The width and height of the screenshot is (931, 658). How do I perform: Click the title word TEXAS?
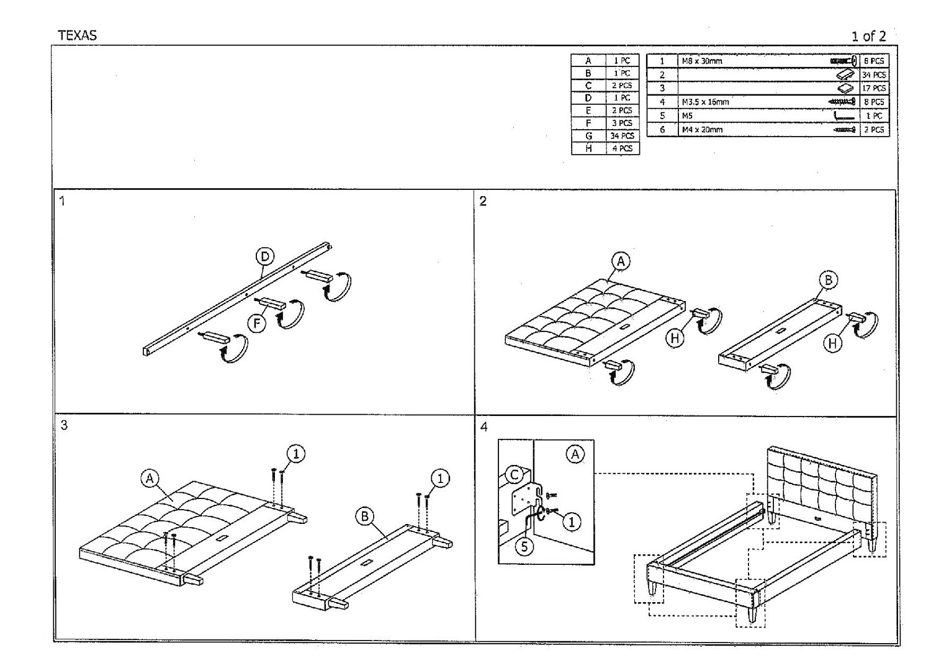[78, 35]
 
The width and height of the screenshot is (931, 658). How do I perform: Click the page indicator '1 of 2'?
[868, 36]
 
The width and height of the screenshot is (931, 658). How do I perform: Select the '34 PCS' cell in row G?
[622, 136]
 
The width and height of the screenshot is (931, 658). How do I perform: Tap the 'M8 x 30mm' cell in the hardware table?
[702, 61]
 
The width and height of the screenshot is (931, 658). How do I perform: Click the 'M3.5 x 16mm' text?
[705, 102]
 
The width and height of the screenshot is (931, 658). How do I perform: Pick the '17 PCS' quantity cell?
[874, 88]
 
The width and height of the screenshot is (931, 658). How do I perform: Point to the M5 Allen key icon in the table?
[843, 116]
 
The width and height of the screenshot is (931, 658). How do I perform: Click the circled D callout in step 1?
[265, 256]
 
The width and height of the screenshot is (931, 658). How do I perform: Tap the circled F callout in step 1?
[256, 323]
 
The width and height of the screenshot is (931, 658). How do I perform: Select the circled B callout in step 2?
[829, 280]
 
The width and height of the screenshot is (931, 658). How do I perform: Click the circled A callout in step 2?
[621, 261]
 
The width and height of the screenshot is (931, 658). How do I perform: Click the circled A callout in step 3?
[150, 479]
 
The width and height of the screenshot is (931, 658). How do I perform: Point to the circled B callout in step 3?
[365, 516]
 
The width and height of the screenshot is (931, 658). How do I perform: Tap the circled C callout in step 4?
[515, 475]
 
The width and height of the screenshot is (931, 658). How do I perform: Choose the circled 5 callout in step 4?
[525, 547]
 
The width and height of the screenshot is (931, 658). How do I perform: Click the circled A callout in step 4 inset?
[575, 454]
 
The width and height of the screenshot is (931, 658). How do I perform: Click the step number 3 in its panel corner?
[64, 425]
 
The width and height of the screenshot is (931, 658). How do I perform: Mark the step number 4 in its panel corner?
[484, 426]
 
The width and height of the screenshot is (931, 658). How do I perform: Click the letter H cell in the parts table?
[588, 148]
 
